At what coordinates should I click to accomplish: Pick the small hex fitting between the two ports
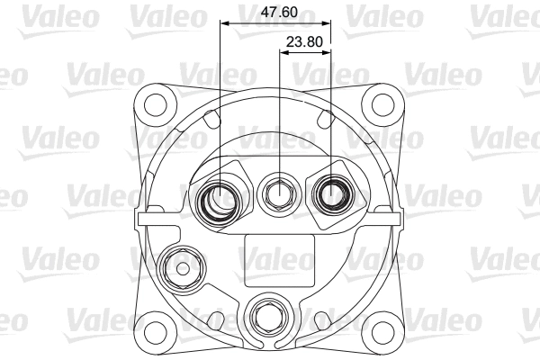pyautogui.click(x=277, y=190)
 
